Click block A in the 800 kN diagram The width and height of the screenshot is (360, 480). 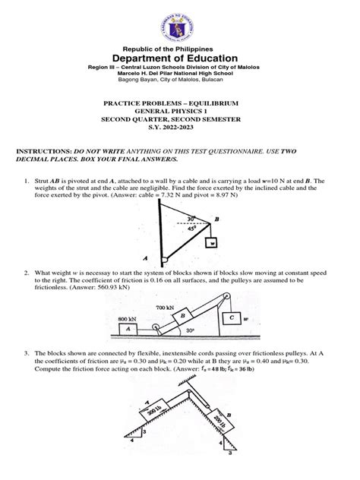[x=128, y=328]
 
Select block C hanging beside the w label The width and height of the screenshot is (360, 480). [x=230, y=319]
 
